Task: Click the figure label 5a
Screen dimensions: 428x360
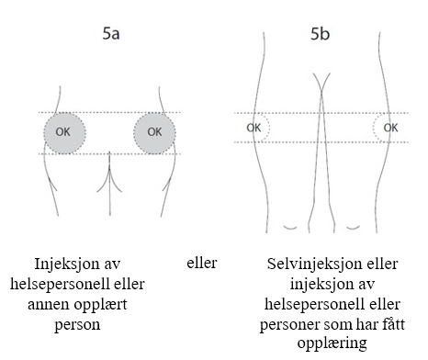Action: (x=111, y=33)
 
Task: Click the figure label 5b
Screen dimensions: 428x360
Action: (x=320, y=33)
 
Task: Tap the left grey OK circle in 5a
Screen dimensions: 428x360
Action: (x=64, y=133)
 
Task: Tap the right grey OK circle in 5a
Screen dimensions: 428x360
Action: (x=154, y=133)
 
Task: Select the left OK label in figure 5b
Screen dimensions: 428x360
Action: (x=253, y=128)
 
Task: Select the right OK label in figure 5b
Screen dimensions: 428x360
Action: (x=390, y=128)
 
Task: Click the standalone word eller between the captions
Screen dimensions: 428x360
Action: (x=202, y=263)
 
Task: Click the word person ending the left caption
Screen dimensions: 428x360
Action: (x=77, y=325)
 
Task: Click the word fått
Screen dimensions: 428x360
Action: (x=393, y=323)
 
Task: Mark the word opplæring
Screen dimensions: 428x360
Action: (x=332, y=343)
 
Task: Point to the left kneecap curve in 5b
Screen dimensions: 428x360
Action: (x=290, y=228)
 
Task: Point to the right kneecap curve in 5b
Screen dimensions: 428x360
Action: (x=353, y=228)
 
